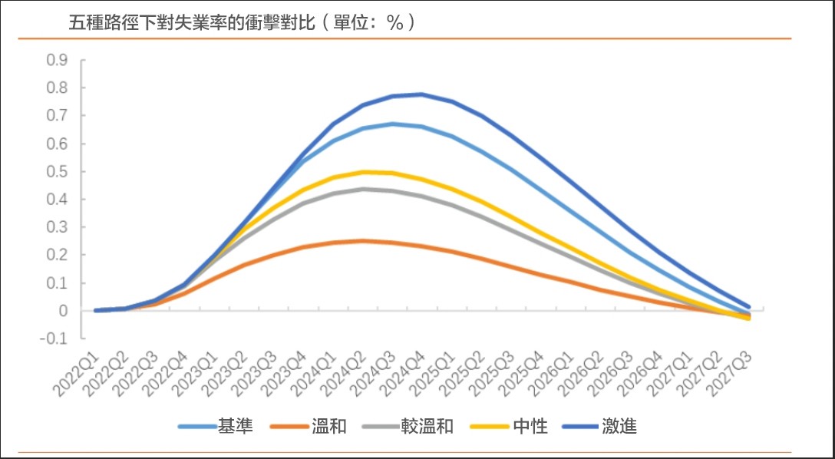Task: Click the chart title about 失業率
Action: (243, 22)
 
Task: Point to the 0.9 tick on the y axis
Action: (57, 60)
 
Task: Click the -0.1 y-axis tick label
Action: (54, 338)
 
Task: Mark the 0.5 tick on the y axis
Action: (57, 171)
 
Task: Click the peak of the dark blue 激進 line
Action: (421, 94)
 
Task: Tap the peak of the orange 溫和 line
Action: (362, 240)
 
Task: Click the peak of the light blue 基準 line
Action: (392, 124)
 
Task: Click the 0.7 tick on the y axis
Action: (57, 116)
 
